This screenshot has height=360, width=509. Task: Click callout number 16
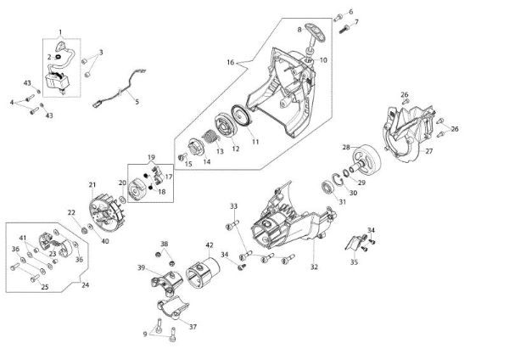click(x=230, y=62)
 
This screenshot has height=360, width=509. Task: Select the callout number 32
click(x=314, y=267)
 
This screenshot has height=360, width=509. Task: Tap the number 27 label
click(x=428, y=151)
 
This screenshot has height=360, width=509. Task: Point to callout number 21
click(x=92, y=183)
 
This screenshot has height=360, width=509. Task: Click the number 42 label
click(x=209, y=245)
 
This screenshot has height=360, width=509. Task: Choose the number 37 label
click(x=193, y=326)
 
